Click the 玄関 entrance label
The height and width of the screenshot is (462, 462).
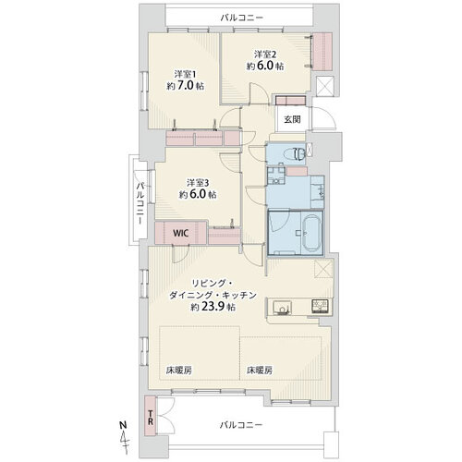point(292,119)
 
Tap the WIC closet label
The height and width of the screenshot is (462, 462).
point(180,233)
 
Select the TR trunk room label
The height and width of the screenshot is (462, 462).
point(151,418)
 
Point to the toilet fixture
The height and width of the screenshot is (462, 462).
point(296,153)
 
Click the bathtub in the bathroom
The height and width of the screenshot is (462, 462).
point(310,232)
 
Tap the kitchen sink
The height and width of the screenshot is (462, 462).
point(282,307)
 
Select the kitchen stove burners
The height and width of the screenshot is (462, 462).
point(321,306)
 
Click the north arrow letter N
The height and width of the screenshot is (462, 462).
point(123,425)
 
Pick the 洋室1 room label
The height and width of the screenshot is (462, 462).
point(185,74)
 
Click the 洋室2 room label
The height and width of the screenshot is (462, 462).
point(265,55)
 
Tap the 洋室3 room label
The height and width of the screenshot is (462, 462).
point(198,183)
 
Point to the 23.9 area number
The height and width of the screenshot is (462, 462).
point(213,307)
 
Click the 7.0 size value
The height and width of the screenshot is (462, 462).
point(186,85)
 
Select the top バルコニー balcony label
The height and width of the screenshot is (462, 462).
point(241,18)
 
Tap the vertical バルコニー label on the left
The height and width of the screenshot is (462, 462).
point(140,203)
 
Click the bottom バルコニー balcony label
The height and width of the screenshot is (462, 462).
point(241,425)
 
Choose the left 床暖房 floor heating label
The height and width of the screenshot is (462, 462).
point(179,370)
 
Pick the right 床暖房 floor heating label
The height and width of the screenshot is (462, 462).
point(260,370)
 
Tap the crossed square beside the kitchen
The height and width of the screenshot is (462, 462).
point(323,269)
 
